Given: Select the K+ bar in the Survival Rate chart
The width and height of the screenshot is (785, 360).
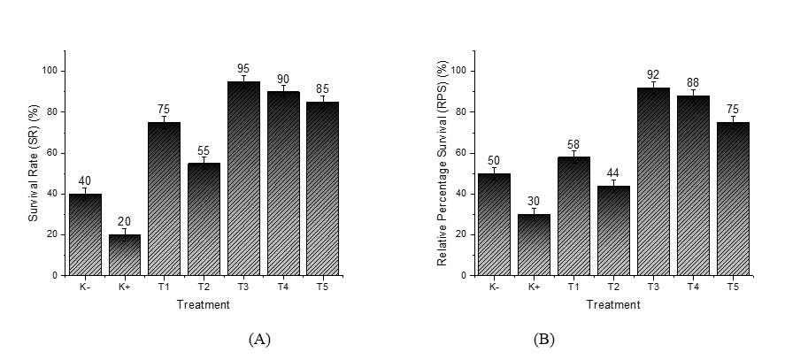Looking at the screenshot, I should tap(125, 255).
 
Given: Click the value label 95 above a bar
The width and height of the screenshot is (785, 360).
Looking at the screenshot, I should tap(243, 68).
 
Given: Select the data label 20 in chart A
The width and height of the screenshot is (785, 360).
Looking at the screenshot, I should tap(125, 221).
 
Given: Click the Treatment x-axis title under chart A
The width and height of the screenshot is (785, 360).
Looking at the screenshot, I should tap(204, 305).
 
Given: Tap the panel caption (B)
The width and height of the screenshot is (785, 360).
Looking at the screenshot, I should tap(543, 339).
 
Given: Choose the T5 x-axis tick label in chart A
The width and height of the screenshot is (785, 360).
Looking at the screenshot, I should tap(322, 287).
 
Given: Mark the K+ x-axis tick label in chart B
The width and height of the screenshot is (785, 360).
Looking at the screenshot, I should tap(533, 287).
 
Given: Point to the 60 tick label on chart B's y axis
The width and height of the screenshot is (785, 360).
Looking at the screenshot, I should tap(466, 153).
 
